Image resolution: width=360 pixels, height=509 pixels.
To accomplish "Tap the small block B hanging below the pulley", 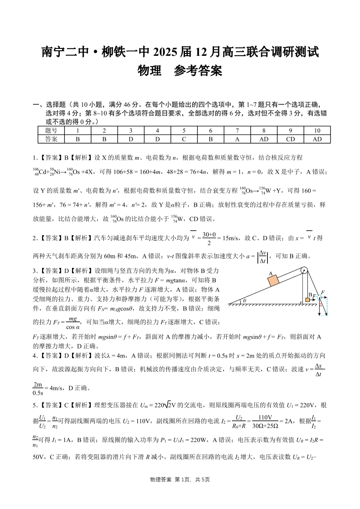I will click(x=308, y=300).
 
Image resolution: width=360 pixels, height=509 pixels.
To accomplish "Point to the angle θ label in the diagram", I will click(x=245, y=300).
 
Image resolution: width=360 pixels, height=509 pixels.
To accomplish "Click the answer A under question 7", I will click(x=237, y=139).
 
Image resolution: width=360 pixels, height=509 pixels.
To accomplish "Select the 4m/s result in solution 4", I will click(x=55, y=388).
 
